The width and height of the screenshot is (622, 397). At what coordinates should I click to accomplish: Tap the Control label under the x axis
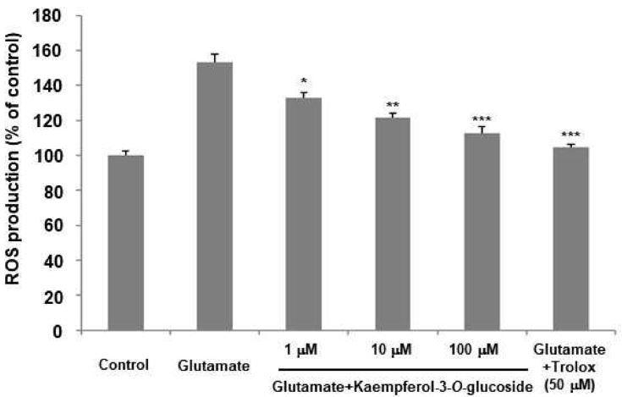[x=125, y=366]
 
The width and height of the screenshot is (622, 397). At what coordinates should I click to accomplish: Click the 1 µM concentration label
[x=303, y=348]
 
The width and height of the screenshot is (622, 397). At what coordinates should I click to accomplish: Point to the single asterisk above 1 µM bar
[x=303, y=84]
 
